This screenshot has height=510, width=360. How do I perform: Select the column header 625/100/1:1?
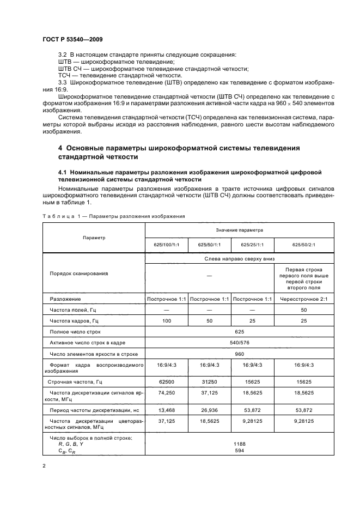pyautogui.click(x=166, y=245)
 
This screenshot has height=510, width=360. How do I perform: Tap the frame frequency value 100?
pyautogui.click(x=166, y=321)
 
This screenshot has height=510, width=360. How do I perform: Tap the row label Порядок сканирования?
pyautogui.click(x=79, y=274)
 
